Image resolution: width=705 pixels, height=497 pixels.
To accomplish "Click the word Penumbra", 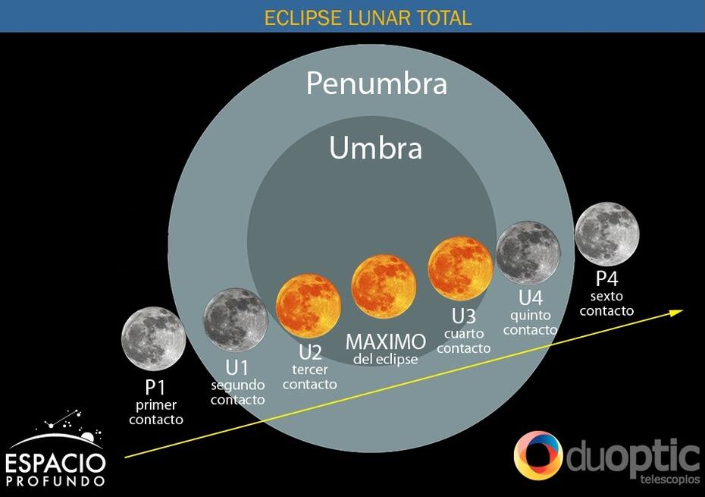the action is pos(377,83).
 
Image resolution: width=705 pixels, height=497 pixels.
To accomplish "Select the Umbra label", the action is pos(376,148).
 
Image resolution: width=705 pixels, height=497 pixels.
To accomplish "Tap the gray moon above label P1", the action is pos(154,338).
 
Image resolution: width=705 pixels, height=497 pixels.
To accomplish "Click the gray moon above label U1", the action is pos(236,320).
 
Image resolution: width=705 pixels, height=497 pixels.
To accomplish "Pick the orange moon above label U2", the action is pos(309,306).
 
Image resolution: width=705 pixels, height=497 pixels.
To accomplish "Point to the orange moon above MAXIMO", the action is pos(384,287).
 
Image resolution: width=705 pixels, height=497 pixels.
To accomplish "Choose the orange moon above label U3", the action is pos(460,269).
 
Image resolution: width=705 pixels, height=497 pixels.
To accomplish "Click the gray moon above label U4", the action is pos(528,253).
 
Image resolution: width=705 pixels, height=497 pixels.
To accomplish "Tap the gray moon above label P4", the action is pos(607,234).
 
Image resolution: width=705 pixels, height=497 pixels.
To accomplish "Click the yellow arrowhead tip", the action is pos(684,310).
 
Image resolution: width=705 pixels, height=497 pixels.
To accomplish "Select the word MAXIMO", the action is pos(386,342).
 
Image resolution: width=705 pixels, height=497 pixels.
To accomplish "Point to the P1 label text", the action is pos(155,387).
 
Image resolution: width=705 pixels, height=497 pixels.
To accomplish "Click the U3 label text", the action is pos(463,316).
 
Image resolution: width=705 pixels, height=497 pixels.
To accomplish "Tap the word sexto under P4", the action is pos(606,296).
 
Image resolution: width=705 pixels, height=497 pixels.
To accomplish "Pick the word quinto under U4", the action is pos(531,316).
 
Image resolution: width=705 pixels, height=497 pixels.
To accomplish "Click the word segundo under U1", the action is pos(238,385).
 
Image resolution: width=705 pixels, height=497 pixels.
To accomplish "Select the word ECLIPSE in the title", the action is pos(302,18).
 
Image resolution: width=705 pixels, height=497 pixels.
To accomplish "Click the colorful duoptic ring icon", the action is pos(538,455).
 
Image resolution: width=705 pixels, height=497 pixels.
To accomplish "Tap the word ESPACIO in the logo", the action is pos(55,464).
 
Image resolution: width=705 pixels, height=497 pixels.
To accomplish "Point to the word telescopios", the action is pos(670,480).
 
